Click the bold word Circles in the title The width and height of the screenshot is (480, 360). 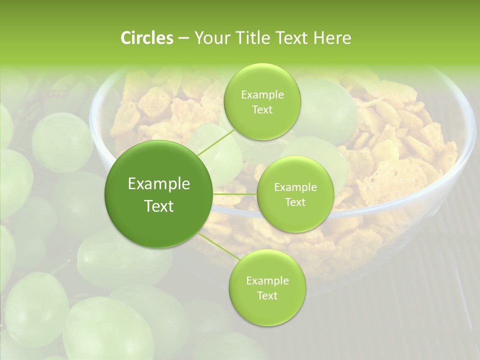pyautogui.click(x=146, y=38)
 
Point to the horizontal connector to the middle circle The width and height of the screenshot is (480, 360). pyautogui.click(x=235, y=194)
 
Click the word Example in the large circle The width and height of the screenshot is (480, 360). pyautogui.click(x=159, y=184)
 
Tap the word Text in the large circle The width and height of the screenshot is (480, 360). pyautogui.click(x=159, y=206)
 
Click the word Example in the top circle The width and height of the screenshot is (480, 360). pyautogui.click(x=262, y=95)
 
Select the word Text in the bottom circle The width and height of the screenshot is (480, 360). pyautogui.click(x=267, y=295)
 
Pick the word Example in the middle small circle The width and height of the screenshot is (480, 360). pyautogui.click(x=295, y=187)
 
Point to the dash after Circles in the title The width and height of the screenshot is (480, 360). pyautogui.click(x=183, y=38)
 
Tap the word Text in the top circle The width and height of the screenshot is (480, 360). pyautogui.click(x=262, y=110)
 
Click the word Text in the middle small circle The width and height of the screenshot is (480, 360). pyautogui.click(x=295, y=202)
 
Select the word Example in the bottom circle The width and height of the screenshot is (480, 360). pyautogui.click(x=267, y=281)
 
